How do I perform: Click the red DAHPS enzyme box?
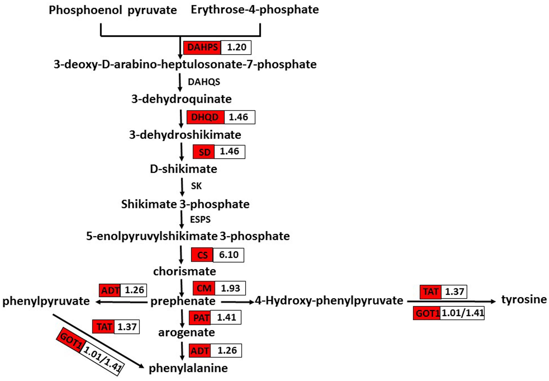tap(202, 47)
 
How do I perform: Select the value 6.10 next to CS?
tap(229, 255)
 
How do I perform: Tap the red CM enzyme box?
tap(204, 288)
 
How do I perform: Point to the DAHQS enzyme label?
tap(204, 82)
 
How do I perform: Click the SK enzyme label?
tap(196, 186)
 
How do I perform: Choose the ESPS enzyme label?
tap(200, 219)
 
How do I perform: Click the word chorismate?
tap(185, 271)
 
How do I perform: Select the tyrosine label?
tap(524, 300)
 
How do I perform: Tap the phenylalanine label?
tap(188, 368)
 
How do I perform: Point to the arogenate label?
tap(186, 332)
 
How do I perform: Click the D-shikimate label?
tap(184, 169)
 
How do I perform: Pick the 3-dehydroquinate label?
tap(181, 99)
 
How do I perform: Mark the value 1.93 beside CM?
tap(230, 288)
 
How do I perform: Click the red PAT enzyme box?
tap(200, 318)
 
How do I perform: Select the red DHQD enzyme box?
tap(205, 117)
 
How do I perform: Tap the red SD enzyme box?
tap(204, 152)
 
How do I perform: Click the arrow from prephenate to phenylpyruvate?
tap(121, 302)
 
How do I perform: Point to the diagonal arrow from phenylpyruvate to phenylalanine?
tap(98, 340)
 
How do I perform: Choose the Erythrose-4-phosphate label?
tap(255, 10)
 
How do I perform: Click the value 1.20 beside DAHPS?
tap(236, 47)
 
